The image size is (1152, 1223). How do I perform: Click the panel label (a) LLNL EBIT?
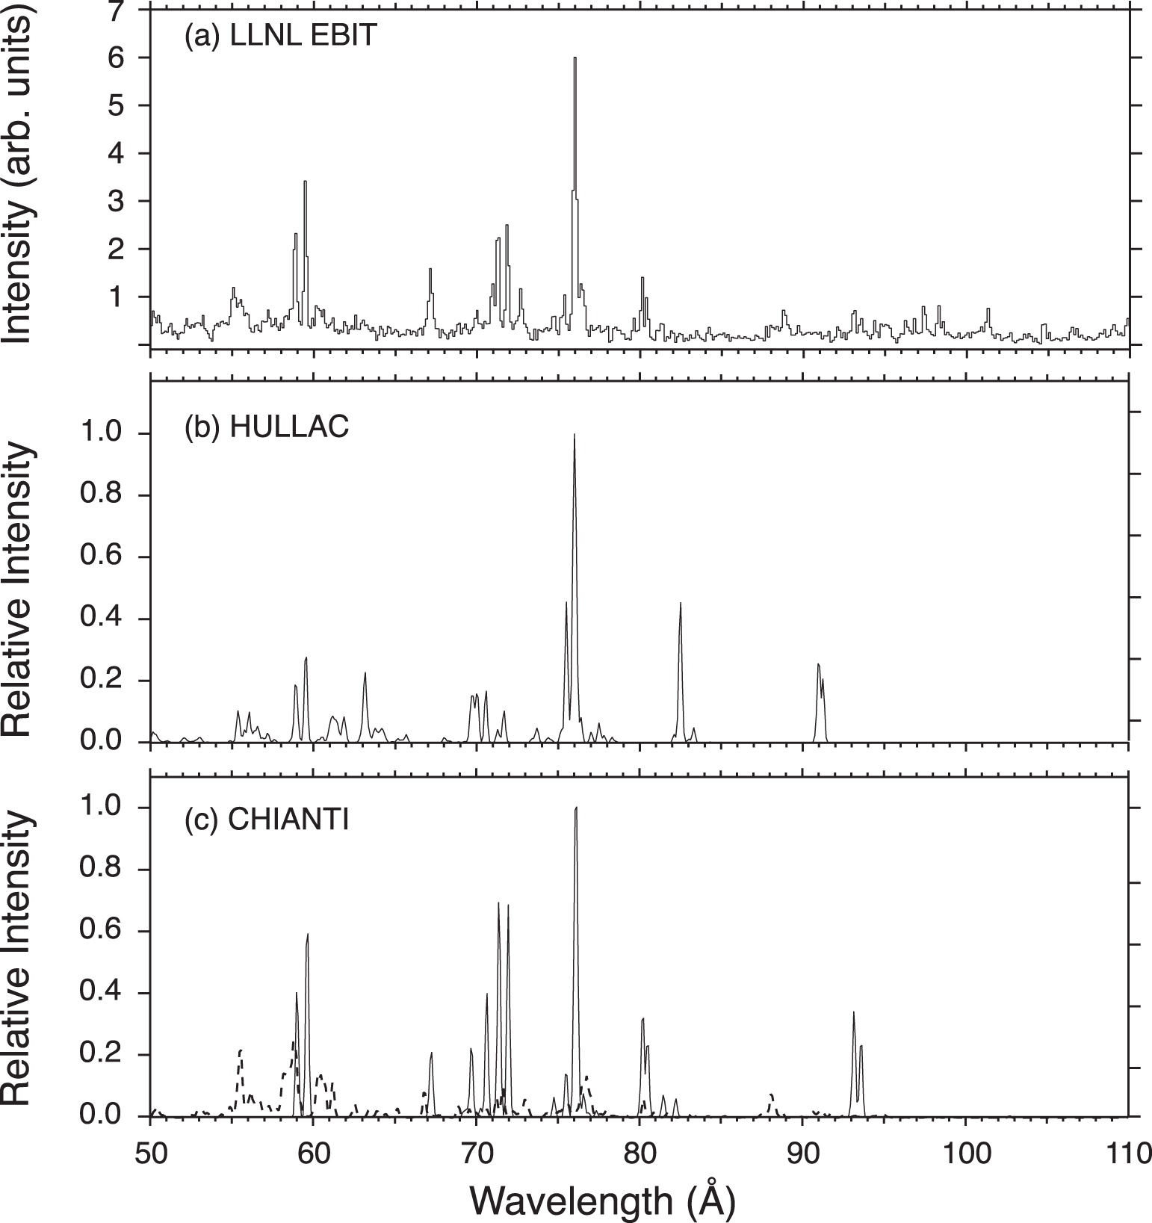280,37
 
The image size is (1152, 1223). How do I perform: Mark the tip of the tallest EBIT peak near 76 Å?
575,58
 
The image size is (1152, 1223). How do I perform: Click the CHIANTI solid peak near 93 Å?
853,1013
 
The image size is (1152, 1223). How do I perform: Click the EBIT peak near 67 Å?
430,270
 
